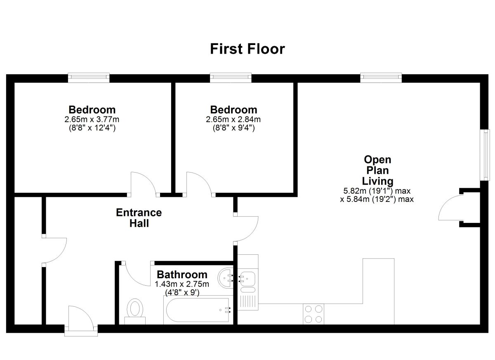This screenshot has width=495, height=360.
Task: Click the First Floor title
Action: pyautogui.click(x=247, y=49)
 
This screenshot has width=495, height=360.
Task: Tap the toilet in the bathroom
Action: pyautogui.click(x=135, y=310)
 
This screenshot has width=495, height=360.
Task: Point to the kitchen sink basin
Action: pyautogui.click(x=248, y=278)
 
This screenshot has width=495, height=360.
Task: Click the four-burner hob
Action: pyautogui.click(x=313, y=314)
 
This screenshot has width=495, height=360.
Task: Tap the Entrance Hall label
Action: pyautogui.click(x=139, y=218)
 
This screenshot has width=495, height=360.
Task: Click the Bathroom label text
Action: pyautogui.click(x=182, y=275)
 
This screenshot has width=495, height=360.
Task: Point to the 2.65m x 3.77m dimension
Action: pyautogui.click(x=92, y=120)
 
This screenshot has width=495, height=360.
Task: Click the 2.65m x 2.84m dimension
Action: pyautogui.click(x=233, y=120)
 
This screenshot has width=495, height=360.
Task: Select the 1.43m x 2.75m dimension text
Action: pyautogui.click(x=182, y=284)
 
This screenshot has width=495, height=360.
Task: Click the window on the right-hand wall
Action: pyautogui.click(x=486, y=155)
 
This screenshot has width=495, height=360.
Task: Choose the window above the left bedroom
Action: pyautogui.click(x=89, y=77)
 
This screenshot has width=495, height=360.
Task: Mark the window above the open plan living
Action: pyautogui.click(x=381, y=77)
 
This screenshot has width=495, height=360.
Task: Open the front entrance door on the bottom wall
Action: pyautogui.click(x=80, y=319)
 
